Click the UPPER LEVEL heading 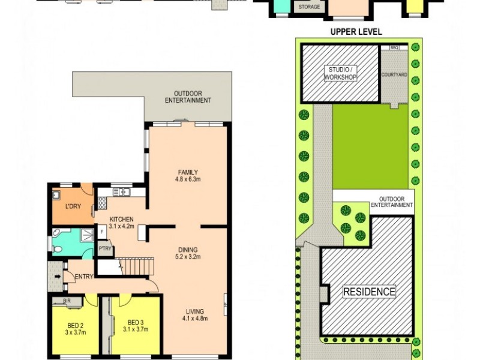tap(356, 32)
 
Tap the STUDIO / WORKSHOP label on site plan tap(340, 73)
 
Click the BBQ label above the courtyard tap(394, 47)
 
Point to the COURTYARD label tap(394, 74)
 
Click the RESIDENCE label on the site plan tap(369, 292)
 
